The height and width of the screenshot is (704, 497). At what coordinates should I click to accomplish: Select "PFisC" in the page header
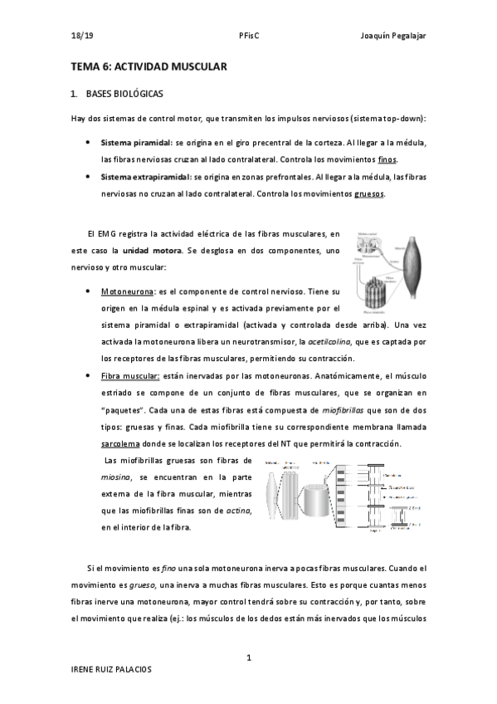coord(248,37)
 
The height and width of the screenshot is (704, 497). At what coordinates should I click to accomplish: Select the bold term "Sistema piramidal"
coord(136,143)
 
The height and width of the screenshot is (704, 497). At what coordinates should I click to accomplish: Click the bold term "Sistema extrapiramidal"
coord(145,177)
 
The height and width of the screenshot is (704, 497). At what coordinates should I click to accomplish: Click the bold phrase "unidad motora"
coord(150,250)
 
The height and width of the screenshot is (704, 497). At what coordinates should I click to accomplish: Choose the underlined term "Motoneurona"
coord(128,292)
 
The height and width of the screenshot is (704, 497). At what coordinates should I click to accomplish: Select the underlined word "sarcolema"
coord(120,443)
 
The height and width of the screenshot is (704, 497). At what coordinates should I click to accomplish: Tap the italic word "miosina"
coord(118,477)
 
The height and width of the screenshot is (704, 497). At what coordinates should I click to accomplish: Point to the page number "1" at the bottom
coord(248,658)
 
